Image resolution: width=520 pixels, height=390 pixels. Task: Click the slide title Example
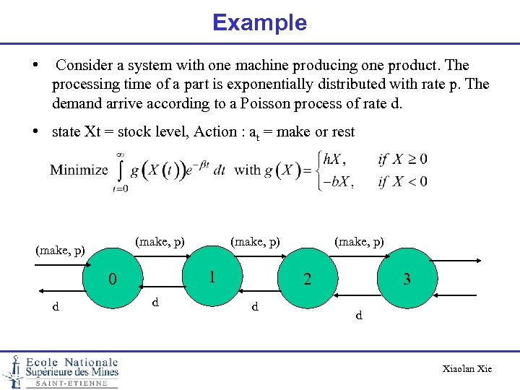pos(259,22)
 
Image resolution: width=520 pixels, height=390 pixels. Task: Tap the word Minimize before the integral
pos(79,170)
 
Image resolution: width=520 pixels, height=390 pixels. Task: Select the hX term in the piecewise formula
pos(337,160)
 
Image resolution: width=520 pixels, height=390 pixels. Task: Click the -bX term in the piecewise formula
pos(337,181)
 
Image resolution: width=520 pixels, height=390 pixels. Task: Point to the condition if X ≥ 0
pos(402,160)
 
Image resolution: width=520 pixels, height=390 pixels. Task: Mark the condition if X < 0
pos(402,181)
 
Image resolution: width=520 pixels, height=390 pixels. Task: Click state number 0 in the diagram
pos(112,279)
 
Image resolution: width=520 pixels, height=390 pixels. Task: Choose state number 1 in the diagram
pos(212,276)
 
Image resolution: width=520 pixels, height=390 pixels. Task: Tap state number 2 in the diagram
pos(307,279)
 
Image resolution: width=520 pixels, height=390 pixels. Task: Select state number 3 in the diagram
pos(407,279)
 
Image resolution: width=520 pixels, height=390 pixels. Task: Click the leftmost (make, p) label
pos(60,251)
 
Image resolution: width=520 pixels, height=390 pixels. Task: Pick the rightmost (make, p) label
pos(358,240)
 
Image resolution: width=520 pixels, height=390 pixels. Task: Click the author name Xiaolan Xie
pos(467,369)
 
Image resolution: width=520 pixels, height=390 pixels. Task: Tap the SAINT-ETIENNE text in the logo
pos(71,383)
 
